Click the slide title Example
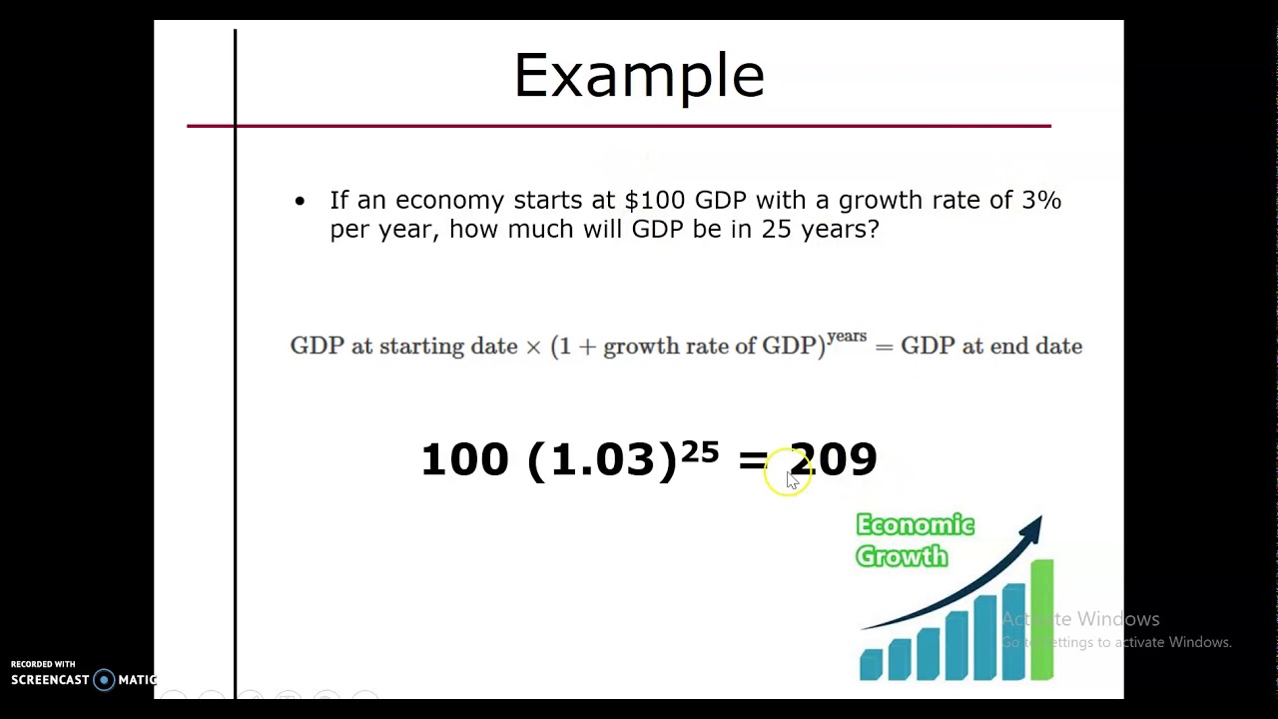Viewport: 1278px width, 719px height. [x=639, y=76]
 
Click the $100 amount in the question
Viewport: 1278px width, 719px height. [x=655, y=200]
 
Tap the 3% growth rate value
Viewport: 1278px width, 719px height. [x=1041, y=200]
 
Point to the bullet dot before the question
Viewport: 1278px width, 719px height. [x=300, y=202]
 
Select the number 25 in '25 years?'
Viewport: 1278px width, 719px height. [x=776, y=229]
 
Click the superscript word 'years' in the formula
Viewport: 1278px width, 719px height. [x=847, y=337]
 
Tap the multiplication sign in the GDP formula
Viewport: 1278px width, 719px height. [x=533, y=347]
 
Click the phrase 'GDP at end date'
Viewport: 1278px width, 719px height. [x=991, y=347]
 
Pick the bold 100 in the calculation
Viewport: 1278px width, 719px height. [x=464, y=459]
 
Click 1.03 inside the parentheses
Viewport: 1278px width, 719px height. [x=601, y=459]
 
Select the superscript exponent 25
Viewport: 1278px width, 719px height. [x=700, y=452]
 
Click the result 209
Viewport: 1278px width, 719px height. [x=834, y=459]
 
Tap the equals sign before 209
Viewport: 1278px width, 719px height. [x=752, y=460]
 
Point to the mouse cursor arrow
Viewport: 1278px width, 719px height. [x=792, y=480]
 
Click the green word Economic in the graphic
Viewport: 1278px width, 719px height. [x=915, y=525]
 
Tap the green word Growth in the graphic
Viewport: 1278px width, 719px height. [x=902, y=556]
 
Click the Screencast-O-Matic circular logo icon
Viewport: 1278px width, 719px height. [x=104, y=680]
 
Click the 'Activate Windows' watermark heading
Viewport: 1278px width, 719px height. [x=1080, y=619]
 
